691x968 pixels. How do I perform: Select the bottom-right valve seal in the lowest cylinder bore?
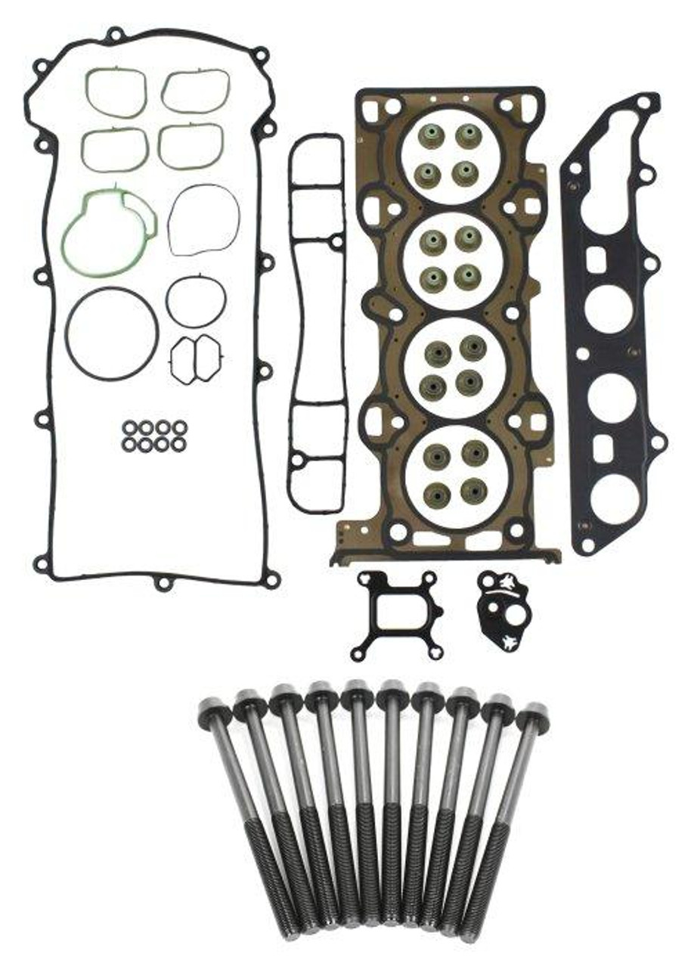(473, 490)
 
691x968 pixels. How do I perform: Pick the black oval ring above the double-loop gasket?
(196, 301)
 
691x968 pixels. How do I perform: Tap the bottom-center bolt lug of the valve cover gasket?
(163, 583)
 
